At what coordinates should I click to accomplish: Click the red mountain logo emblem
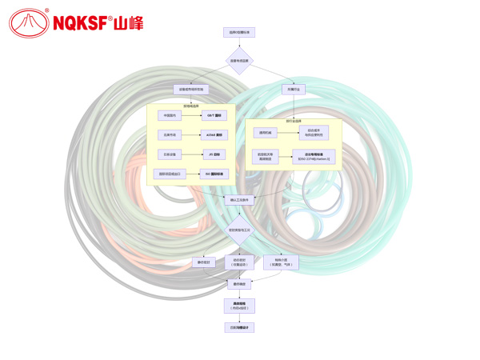click(28, 22)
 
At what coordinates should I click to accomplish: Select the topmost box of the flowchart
click(239, 33)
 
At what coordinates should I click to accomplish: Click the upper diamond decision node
click(239, 60)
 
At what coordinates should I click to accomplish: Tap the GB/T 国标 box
click(212, 115)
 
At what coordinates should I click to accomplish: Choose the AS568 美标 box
click(212, 134)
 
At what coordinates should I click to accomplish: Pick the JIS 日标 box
click(212, 154)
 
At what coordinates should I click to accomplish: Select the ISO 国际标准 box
click(212, 173)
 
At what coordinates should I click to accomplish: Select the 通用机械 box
click(264, 132)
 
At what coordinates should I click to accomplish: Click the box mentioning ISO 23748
click(314, 156)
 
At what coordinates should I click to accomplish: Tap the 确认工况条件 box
click(239, 200)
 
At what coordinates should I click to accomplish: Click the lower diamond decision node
click(239, 230)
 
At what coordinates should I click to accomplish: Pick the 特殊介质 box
click(281, 262)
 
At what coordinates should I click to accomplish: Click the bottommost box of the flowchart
click(239, 327)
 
